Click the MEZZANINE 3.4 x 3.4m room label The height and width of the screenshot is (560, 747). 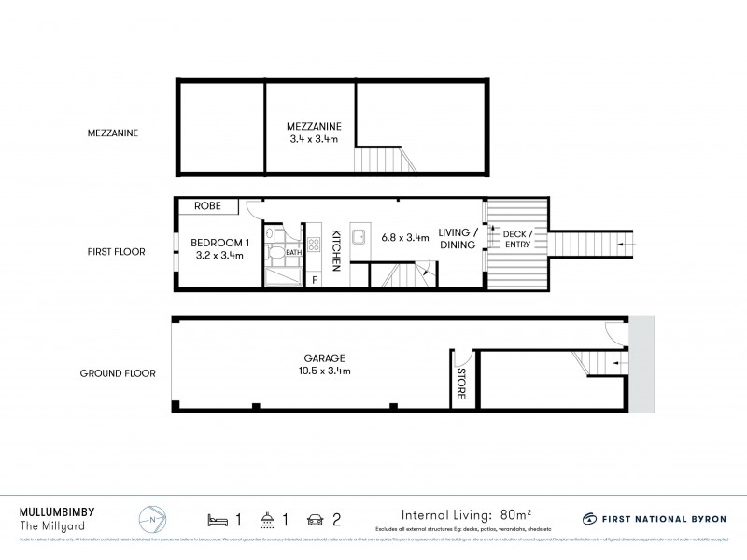pyautogui.click(x=314, y=133)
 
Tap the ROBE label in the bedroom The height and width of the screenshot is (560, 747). pyautogui.click(x=207, y=205)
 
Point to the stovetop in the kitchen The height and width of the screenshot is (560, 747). pyautogui.click(x=315, y=245)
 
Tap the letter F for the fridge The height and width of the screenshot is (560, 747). pyautogui.click(x=314, y=278)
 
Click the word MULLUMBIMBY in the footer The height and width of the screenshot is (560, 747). pyautogui.click(x=56, y=511)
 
